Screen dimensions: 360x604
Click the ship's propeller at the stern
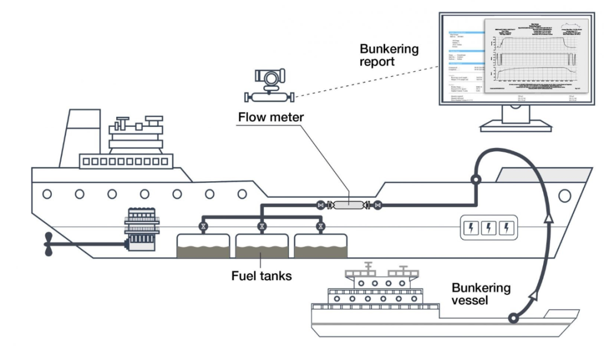[x=51, y=243]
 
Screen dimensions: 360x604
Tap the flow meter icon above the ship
[x=269, y=86]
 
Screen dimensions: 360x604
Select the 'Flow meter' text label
[x=271, y=117]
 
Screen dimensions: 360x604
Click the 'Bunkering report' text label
[x=389, y=55]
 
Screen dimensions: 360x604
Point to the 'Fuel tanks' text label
[x=261, y=276]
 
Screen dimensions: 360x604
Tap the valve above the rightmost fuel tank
[x=320, y=226]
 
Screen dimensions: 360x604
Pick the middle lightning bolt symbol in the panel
[x=488, y=227]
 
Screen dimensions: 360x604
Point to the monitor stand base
[x=513, y=125]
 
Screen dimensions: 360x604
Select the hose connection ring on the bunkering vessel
[x=514, y=319]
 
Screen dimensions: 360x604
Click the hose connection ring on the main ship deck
[x=475, y=179]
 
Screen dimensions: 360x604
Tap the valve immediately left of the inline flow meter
[x=321, y=205]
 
